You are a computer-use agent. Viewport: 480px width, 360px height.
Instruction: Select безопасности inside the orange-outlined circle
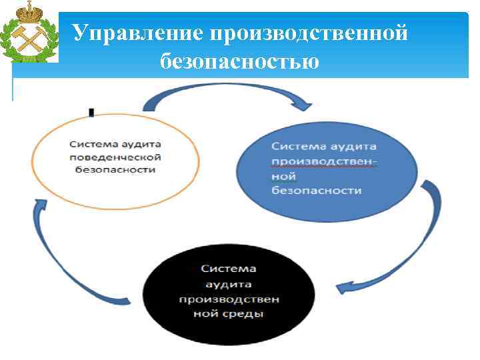pyautogui.click(x=115, y=169)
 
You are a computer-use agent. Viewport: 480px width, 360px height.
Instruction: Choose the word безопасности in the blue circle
pyautogui.click(x=316, y=191)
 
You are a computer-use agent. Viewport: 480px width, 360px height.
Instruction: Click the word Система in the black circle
pyautogui.click(x=229, y=268)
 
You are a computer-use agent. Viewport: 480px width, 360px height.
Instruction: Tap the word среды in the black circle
pyautogui.click(x=247, y=313)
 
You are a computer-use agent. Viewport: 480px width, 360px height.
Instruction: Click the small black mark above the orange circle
pyautogui.click(x=91, y=113)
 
